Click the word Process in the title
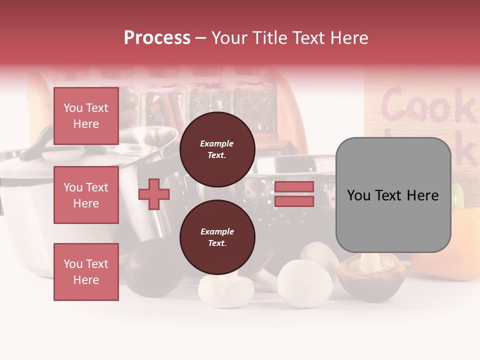[x=157, y=38]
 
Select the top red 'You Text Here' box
[x=86, y=116]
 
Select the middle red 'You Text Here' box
[x=86, y=195]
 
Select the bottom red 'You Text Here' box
[x=86, y=272]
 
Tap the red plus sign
[x=154, y=194]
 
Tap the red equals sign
[x=294, y=194]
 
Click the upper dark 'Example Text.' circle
[x=217, y=149]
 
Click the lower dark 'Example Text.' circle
[x=217, y=237]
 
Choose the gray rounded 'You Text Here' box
[x=393, y=195]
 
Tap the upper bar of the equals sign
[x=294, y=187]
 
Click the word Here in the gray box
[x=421, y=195]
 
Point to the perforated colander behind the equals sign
[x=265, y=190]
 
